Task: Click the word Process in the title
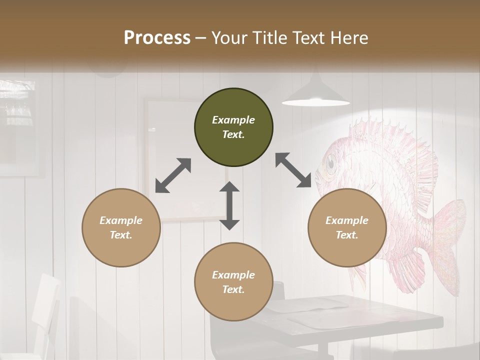click(x=157, y=38)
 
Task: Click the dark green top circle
click(x=233, y=127)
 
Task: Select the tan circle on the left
click(x=121, y=227)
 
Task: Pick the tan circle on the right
click(x=347, y=227)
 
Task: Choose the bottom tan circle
click(x=233, y=282)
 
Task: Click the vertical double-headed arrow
click(x=229, y=205)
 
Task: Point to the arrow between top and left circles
click(x=173, y=175)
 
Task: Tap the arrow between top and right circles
click(x=293, y=170)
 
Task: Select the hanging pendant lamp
click(x=315, y=95)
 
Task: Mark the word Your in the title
click(x=229, y=38)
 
